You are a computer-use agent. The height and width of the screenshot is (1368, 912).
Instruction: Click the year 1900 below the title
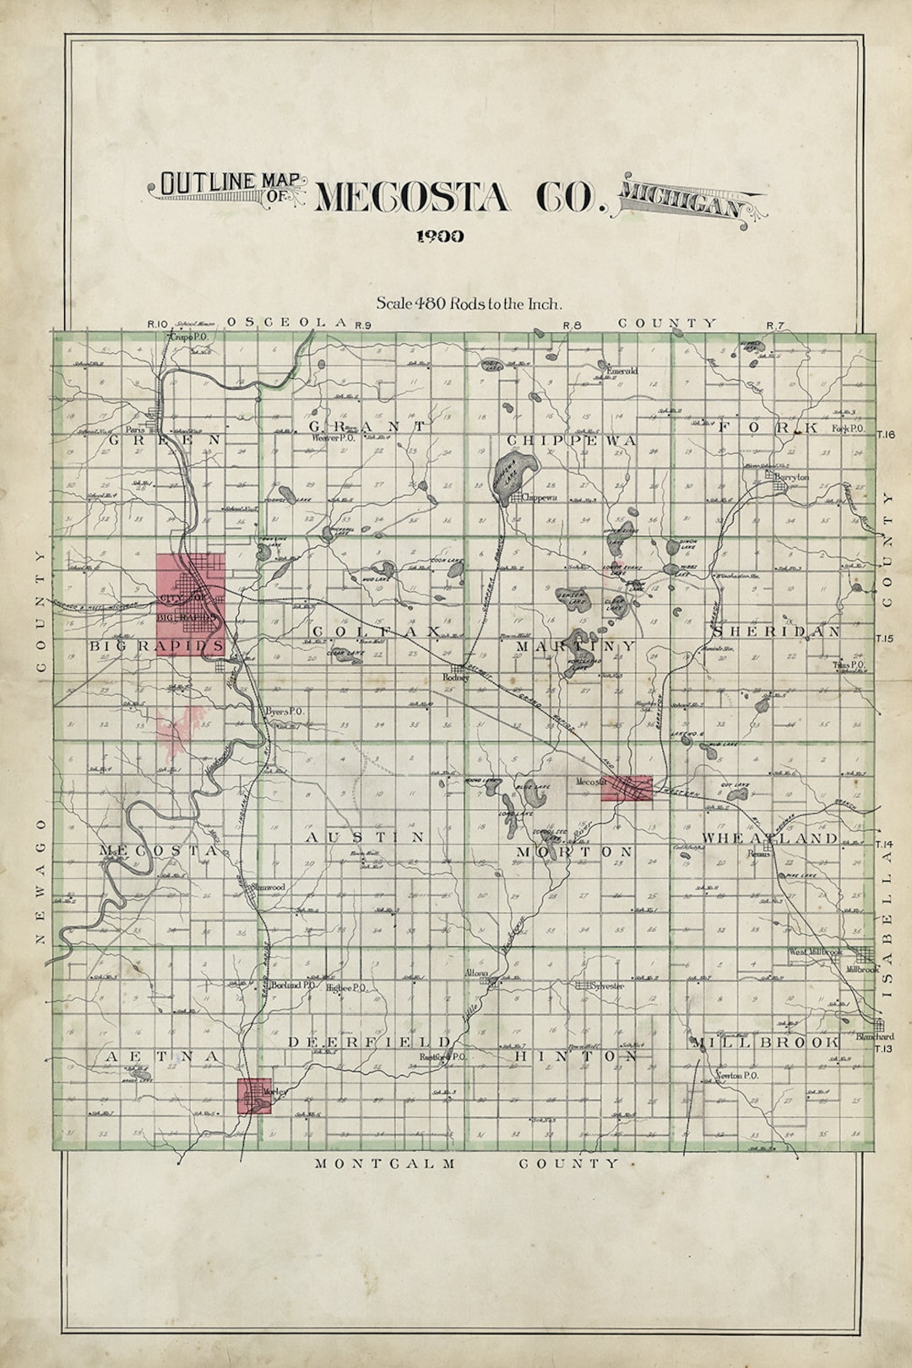coord(440,236)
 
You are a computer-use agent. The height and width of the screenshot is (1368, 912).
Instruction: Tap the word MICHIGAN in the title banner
coord(682,203)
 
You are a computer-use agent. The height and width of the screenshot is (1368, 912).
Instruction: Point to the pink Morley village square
coord(254,1096)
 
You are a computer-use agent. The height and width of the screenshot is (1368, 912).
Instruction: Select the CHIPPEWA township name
coord(571,441)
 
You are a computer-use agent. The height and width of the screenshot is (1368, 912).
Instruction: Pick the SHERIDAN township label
coord(776,631)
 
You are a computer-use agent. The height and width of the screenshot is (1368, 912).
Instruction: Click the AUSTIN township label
coord(364,837)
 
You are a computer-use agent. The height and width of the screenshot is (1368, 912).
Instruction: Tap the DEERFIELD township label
coord(370,1042)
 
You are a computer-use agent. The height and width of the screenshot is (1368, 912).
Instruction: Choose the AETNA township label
coord(163,1056)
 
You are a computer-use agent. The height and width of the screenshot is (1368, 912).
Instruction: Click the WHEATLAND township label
coord(769,838)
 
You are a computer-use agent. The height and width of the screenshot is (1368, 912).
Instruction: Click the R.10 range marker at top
coord(158,324)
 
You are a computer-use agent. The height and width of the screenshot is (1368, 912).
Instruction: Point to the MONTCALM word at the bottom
coord(385,1164)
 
